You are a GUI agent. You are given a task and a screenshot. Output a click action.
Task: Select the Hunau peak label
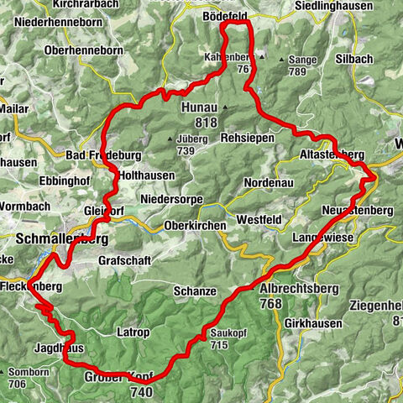[x=198, y=107]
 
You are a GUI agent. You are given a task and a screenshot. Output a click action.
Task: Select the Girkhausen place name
[x=312, y=322]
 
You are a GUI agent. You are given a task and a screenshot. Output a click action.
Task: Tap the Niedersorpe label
[x=171, y=199]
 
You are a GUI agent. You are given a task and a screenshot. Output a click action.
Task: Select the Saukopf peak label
[x=221, y=332]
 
